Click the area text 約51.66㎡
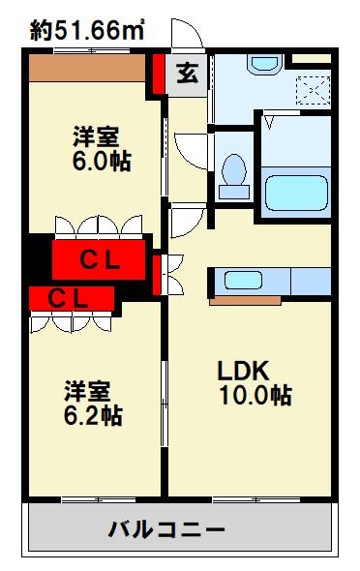(87, 31)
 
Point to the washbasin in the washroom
(263, 66)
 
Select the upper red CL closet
(99, 259)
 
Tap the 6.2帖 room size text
(93, 417)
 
